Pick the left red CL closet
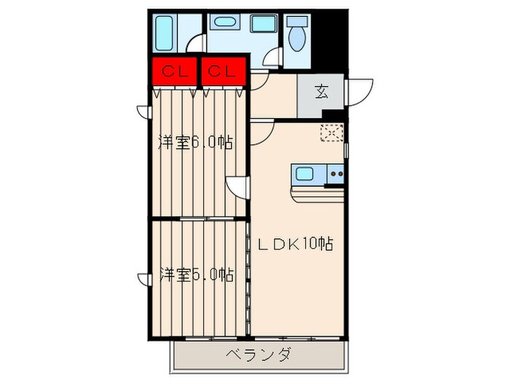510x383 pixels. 173,71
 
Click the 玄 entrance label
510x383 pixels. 321,92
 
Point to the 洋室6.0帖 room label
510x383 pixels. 195,143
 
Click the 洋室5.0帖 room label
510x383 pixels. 195,275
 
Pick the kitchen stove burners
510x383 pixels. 336,174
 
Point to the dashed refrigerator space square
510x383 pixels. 332,133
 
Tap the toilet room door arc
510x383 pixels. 273,58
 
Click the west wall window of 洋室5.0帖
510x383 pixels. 144,278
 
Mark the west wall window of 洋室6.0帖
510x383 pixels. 144,112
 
